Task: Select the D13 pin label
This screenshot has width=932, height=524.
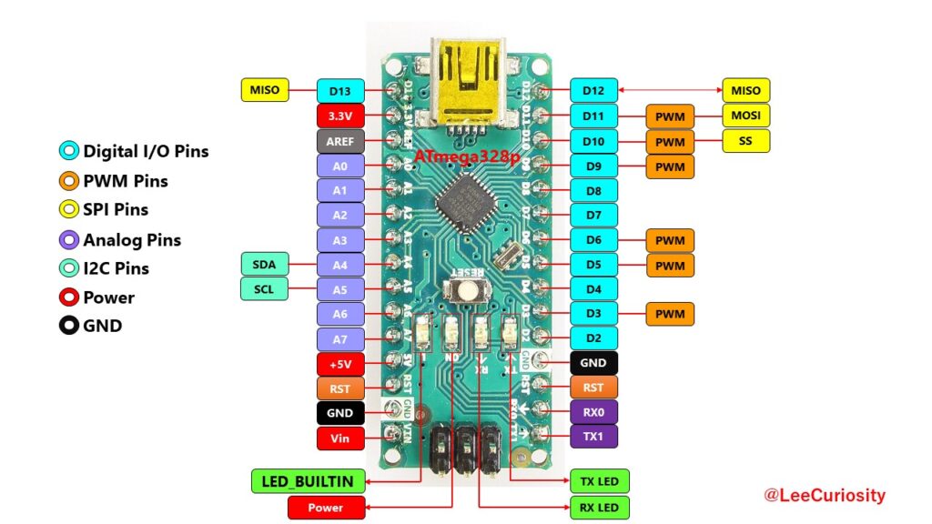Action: click(340, 90)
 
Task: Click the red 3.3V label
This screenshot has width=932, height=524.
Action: click(340, 116)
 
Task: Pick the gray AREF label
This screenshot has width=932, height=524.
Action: click(340, 142)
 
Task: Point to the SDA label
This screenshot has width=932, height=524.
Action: click(264, 265)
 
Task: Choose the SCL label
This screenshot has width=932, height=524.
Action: click(264, 289)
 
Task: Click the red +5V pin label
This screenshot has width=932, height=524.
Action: click(340, 364)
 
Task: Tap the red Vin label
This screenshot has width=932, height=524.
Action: click(340, 438)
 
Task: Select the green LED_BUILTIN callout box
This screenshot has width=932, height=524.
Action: click(308, 480)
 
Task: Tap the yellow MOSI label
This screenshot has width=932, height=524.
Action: click(745, 116)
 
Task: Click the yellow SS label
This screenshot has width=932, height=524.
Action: click(745, 141)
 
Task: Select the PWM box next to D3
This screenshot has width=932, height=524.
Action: click(670, 315)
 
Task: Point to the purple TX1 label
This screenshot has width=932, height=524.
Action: click(593, 436)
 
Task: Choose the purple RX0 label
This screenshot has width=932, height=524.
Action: click(593, 411)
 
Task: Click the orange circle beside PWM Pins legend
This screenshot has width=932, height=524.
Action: click(68, 181)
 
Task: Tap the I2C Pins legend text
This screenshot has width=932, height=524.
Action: click(116, 268)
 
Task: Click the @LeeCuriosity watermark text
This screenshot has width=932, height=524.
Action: click(825, 496)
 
